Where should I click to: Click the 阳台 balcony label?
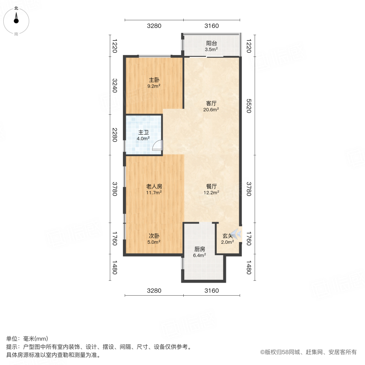pyautogui.click(x=211, y=43)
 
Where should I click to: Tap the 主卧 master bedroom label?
pyautogui.click(x=154, y=79)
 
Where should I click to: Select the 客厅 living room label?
pyautogui.click(x=211, y=103)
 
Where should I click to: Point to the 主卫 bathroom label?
pyautogui.click(x=143, y=132)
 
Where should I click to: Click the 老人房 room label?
pyautogui.click(x=154, y=187)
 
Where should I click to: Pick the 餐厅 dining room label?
pyautogui.click(x=211, y=187)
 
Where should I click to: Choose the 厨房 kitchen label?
pyautogui.click(x=200, y=249)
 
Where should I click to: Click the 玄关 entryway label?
pyautogui.click(x=227, y=236)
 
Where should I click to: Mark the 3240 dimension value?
pyautogui.click(x=114, y=86)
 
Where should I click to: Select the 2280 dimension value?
pyautogui.click(x=114, y=135)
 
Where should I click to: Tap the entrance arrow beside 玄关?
pyautogui.click(x=237, y=234)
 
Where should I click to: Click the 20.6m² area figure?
pyautogui.click(x=211, y=109)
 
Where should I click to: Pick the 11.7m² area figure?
pyautogui.click(x=154, y=193)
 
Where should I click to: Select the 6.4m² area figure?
pyautogui.click(x=200, y=255)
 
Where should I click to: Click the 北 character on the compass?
pyautogui.click(x=16, y=8)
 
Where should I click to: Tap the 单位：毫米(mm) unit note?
pyautogui.click(x=27, y=339)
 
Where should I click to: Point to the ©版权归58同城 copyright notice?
pyautogui.click(x=308, y=352)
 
